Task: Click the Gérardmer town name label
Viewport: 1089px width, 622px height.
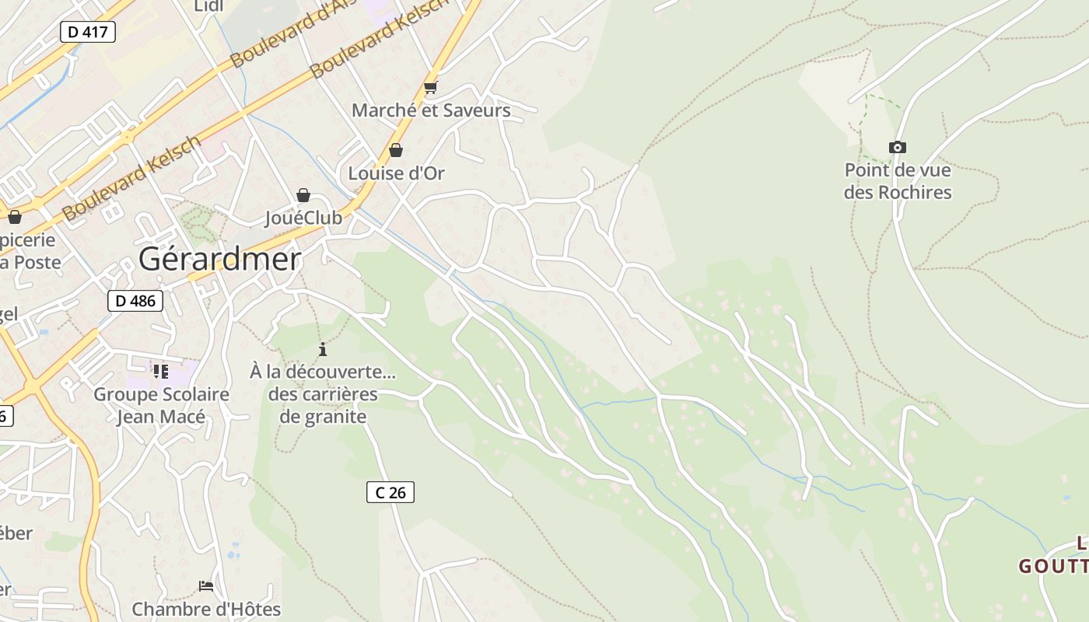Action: click(219, 259)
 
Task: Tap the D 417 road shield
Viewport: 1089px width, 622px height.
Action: click(88, 32)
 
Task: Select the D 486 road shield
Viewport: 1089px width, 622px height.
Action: click(135, 301)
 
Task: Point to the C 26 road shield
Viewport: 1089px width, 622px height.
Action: click(390, 492)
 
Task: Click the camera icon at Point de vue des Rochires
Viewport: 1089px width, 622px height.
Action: click(898, 147)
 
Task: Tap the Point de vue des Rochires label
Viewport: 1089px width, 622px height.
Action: click(898, 181)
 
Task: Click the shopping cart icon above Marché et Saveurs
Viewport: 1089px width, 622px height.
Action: click(431, 88)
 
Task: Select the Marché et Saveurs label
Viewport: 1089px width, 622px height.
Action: click(431, 110)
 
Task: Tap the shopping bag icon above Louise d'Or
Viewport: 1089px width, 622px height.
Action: click(396, 150)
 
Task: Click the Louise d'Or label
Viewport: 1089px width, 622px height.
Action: click(396, 173)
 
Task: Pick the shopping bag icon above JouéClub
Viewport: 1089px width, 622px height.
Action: click(303, 195)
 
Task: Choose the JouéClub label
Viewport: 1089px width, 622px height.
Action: click(303, 218)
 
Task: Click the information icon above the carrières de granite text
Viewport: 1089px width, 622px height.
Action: click(323, 349)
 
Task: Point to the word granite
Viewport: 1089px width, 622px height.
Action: click(323, 417)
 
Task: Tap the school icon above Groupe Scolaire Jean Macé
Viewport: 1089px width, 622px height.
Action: click(161, 371)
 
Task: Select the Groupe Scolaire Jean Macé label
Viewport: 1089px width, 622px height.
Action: click(161, 405)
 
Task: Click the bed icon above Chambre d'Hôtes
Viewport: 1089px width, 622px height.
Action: click(206, 585)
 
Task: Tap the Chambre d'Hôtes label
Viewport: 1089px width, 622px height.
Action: click(206, 609)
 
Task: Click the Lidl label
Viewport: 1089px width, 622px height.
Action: click(208, 7)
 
